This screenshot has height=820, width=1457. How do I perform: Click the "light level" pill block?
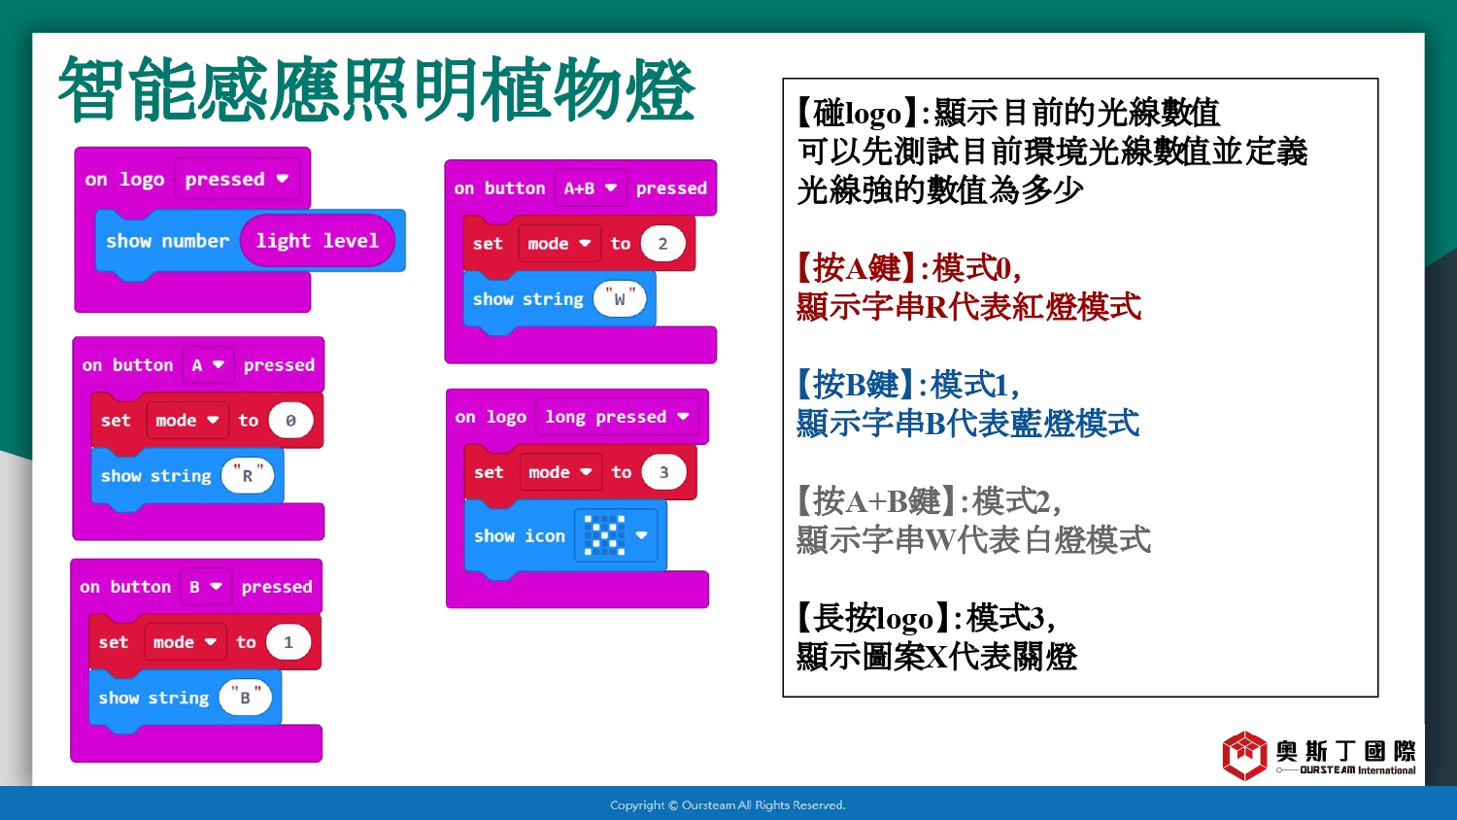[317, 241]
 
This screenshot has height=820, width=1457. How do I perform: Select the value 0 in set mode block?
[290, 421]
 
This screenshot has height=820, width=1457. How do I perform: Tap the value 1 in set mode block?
[288, 642]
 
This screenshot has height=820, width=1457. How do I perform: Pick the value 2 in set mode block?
[662, 244]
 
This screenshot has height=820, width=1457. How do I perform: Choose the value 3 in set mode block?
[664, 472]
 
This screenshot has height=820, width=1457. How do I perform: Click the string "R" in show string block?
[248, 476]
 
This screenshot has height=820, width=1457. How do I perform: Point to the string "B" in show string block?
[245, 698]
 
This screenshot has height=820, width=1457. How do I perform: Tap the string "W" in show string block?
[620, 299]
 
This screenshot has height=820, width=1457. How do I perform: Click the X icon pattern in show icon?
[604, 535]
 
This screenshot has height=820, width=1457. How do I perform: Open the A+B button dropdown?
[591, 188]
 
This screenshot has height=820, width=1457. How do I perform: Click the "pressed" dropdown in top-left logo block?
[237, 179]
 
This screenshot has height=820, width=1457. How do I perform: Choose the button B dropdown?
[206, 587]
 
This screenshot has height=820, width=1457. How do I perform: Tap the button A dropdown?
[208, 365]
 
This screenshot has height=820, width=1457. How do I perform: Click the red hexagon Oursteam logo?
[1244, 755]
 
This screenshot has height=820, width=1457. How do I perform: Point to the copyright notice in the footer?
[728, 805]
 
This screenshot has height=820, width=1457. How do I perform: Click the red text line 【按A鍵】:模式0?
[908, 268]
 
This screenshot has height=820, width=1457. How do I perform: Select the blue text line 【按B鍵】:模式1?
[908, 385]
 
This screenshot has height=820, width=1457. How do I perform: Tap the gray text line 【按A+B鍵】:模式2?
[929, 501]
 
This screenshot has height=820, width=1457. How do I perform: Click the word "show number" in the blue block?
[167, 241]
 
